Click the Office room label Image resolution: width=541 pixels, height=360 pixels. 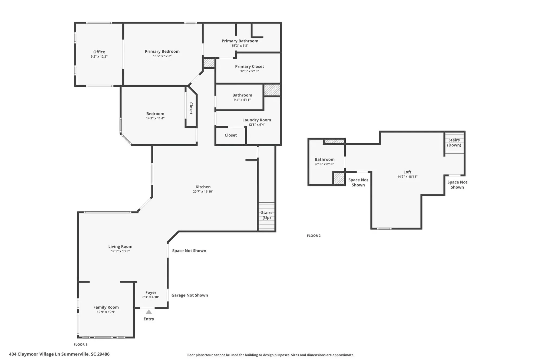pyautogui.click(x=99, y=52)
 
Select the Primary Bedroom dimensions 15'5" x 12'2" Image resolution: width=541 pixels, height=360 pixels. pyautogui.click(x=162, y=56)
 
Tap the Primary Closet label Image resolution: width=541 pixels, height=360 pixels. pyautogui.click(x=249, y=66)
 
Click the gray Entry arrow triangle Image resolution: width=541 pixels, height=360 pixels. pyautogui.click(x=149, y=312)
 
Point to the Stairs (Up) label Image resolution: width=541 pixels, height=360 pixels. pyautogui.click(x=266, y=215)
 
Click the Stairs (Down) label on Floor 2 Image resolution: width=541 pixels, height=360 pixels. pyautogui.click(x=454, y=142)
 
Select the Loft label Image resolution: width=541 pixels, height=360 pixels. pyautogui.click(x=407, y=172)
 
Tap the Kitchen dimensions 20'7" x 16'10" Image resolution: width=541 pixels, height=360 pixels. pyautogui.click(x=203, y=192)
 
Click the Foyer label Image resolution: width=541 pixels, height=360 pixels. pyautogui.click(x=151, y=292)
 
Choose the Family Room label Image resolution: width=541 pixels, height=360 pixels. pyautogui.click(x=106, y=307)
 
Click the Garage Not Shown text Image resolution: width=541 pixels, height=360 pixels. pyautogui.click(x=190, y=295)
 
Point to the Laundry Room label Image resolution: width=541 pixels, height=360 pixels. pyautogui.click(x=256, y=120)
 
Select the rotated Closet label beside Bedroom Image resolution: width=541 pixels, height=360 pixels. pyautogui.click(x=191, y=108)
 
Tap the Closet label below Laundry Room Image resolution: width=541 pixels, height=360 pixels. pyautogui.click(x=230, y=135)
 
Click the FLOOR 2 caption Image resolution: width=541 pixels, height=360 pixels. pyautogui.click(x=314, y=236)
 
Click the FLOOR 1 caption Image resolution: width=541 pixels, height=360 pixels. pyautogui.click(x=80, y=345)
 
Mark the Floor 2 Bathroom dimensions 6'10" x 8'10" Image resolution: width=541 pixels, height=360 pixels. pyautogui.click(x=324, y=164)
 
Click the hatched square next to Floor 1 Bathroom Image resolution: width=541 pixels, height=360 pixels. pyautogui.click(x=272, y=90)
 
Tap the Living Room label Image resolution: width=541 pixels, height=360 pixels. pyautogui.click(x=120, y=246)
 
